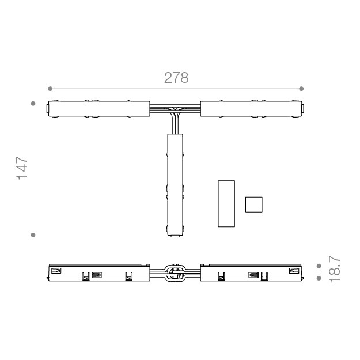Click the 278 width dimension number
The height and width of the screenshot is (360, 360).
point(176,78)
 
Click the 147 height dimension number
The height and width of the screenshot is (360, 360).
point(22,168)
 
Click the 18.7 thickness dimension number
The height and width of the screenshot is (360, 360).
point(334,269)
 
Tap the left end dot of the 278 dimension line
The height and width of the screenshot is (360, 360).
point(50,89)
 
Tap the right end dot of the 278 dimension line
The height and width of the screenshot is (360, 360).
point(301,89)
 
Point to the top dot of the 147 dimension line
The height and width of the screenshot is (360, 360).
point(33,104)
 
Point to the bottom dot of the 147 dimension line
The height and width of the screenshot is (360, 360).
point(33,234)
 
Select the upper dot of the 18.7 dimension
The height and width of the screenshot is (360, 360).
point(319,266)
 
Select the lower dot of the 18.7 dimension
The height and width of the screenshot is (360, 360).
point(319,278)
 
